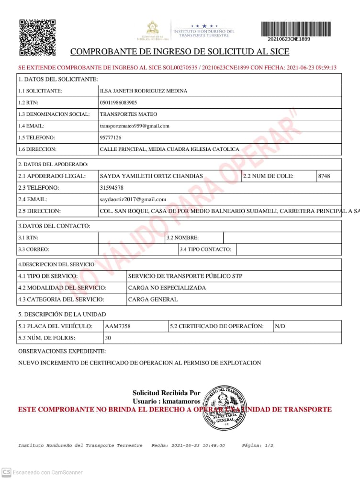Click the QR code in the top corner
(37, 37)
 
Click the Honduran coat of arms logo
(152, 29)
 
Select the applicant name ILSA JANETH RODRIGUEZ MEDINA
(144, 91)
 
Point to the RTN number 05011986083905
(118, 103)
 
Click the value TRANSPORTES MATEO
(128, 114)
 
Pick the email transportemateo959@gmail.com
(135, 126)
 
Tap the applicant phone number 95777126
(111, 137)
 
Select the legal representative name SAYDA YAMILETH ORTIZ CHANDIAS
(151, 176)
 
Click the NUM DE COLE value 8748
(324, 176)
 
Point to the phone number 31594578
(112, 188)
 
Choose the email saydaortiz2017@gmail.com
(133, 199)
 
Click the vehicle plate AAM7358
(118, 326)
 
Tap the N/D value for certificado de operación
(280, 326)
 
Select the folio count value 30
(108, 338)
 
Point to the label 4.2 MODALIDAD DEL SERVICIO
(62, 288)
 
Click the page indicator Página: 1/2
(258, 445)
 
